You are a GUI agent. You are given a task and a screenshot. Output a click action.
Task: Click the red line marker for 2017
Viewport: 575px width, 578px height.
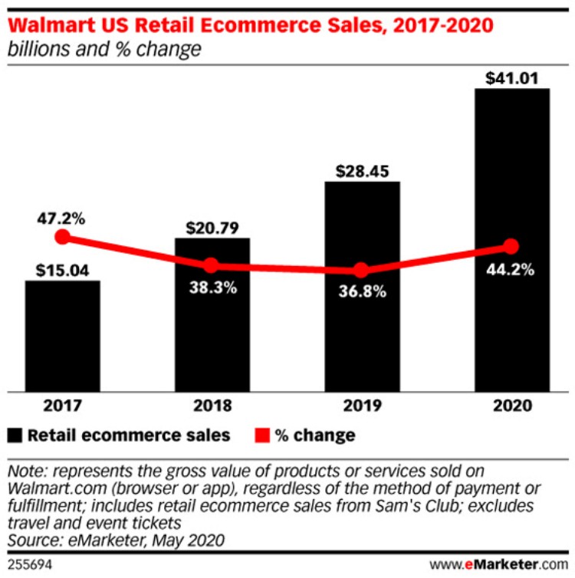pyautogui.click(x=62, y=238)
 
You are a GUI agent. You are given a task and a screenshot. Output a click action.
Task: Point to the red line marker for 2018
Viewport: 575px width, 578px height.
pyautogui.click(x=212, y=265)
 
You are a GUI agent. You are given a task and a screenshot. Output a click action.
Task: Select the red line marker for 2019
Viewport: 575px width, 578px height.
pyautogui.click(x=362, y=270)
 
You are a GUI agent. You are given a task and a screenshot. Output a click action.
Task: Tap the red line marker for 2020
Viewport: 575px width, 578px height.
pyautogui.click(x=512, y=246)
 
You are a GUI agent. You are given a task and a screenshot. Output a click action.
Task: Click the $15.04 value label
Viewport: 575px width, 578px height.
pyautogui.click(x=62, y=269)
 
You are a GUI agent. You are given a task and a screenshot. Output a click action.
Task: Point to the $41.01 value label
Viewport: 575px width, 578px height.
pyautogui.click(x=512, y=77)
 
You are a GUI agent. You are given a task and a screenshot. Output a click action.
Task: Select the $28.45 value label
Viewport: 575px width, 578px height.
pyautogui.click(x=362, y=170)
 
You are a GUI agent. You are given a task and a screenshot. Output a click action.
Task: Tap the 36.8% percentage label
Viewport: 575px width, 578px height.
pyautogui.click(x=362, y=292)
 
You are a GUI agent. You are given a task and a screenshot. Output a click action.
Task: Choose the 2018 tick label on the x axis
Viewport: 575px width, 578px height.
pyautogui.click(x=212, y=405)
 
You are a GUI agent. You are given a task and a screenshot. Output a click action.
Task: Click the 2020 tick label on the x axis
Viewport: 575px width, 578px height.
pyautogui.click(x=512, y=405)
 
